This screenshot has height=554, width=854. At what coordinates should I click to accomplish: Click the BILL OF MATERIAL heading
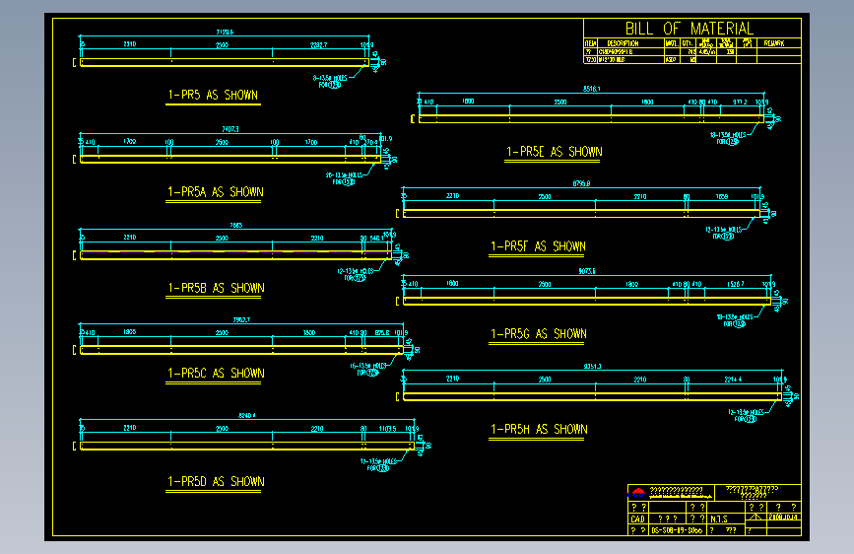(689, 29)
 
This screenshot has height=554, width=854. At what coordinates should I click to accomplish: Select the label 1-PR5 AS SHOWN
(213, 96)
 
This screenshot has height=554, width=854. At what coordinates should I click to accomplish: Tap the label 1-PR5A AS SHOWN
(215, 192)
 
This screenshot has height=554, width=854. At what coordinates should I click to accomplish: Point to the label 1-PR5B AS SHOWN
(215, 289)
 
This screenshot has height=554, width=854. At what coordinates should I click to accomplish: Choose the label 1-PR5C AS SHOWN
(215, 374)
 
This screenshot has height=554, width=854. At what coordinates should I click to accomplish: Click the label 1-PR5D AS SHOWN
(215, 482)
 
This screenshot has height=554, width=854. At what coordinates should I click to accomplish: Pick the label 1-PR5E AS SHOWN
(554, 152)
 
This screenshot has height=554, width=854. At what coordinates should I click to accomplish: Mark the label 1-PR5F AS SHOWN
(538, 246)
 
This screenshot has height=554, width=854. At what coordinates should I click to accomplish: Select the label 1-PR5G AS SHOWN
(538, 334)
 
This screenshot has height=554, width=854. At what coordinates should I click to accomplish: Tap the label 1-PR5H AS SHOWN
(538, 430)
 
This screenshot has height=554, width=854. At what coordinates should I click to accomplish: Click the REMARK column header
(774, 43)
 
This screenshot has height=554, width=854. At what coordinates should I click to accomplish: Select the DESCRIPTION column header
(623, 43)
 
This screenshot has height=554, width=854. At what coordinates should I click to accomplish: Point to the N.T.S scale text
(719, 519)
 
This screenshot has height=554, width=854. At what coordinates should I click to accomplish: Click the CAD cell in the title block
(637, 519)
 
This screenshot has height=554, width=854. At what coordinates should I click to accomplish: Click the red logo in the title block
(637, 493)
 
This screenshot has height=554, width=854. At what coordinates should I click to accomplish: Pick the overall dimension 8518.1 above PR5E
(592, 90)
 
